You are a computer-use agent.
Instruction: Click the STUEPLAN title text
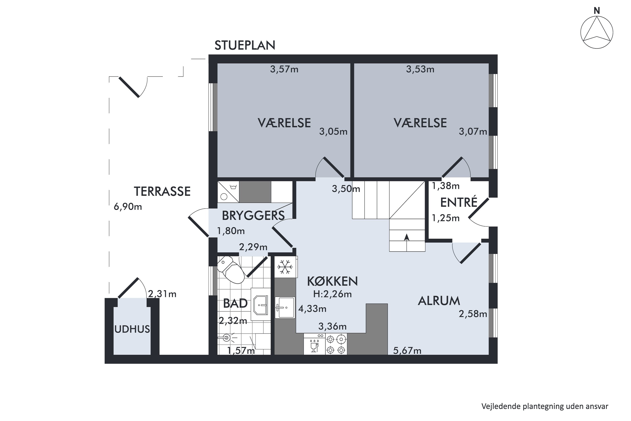245,45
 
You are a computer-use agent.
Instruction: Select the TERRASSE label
162,191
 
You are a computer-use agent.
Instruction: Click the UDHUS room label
132,329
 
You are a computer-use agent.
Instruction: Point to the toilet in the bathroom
231,269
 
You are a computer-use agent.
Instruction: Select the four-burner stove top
336,344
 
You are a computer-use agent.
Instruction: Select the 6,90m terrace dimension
128,207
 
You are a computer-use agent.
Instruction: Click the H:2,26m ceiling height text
332,294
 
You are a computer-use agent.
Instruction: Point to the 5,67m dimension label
407,350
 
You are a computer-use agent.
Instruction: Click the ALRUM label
439,301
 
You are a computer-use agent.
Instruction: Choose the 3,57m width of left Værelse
284,69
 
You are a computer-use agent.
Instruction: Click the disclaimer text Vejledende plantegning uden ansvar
545,406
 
